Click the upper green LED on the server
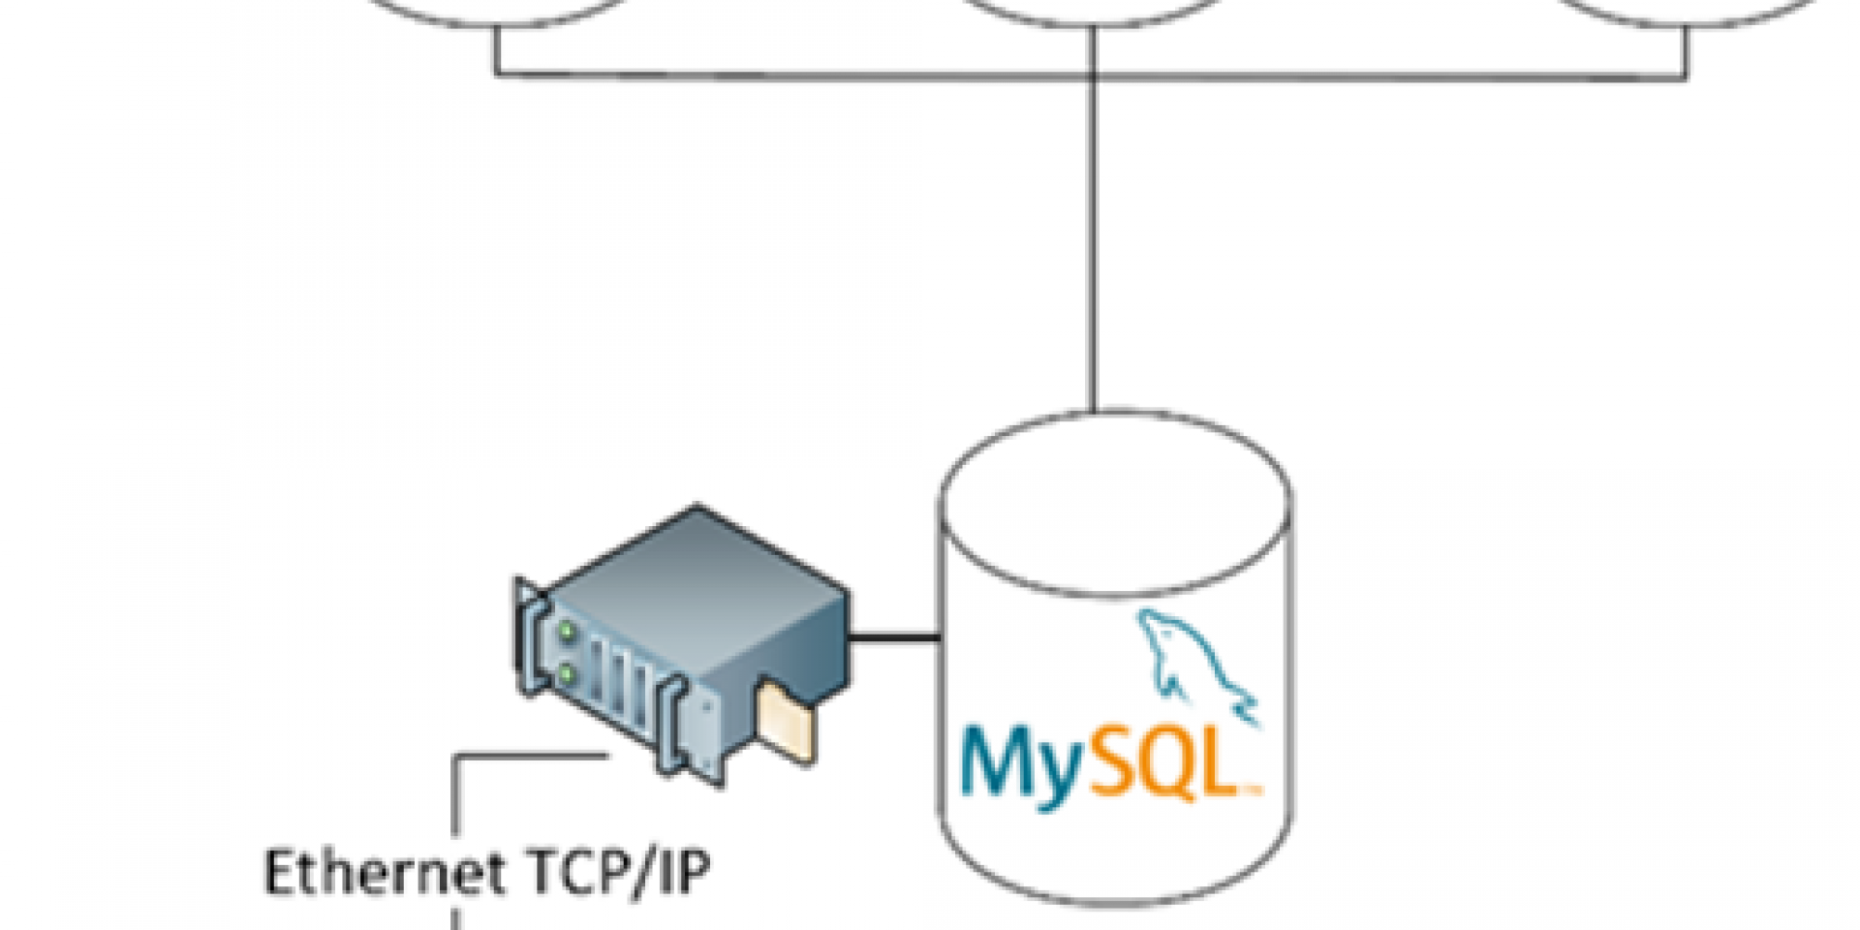click(x=566, y=633)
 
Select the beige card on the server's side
click(x=787, y=722)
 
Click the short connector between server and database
click(x=893, y=637)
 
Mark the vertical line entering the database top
click(x=1094, y=242)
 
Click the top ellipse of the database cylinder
click(x=1115, y=504)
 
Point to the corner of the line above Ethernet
click(x=455, y=757)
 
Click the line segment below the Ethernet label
click(x=454, y=916)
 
